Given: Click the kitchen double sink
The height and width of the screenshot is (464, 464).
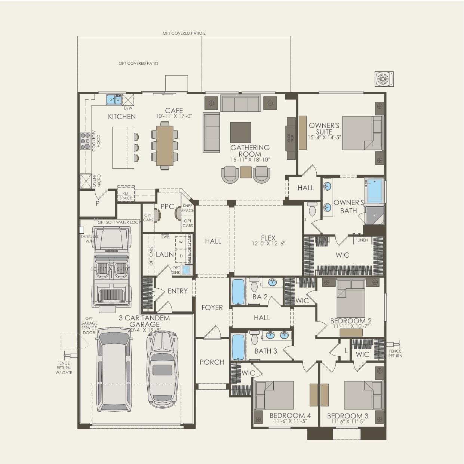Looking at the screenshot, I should tap(114, 99).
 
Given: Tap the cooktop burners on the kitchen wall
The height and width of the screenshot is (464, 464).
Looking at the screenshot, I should tap(85, 141).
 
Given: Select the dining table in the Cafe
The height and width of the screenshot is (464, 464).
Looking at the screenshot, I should tap(165, 145).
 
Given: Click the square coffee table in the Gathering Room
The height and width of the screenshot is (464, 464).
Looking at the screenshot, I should tap(240, 132).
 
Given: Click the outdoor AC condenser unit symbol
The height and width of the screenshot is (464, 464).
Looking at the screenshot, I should tap(384, 79).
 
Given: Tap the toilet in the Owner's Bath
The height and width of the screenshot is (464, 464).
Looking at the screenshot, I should tap(312, 209).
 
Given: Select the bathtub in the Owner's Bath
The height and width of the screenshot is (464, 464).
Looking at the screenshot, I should tap(375, 191).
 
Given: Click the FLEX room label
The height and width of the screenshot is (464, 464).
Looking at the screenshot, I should tap(268, 238).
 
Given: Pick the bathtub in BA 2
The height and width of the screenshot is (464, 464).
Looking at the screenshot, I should tap(238, 292).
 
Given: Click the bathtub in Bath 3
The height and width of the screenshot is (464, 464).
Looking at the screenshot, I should tap(238, 347).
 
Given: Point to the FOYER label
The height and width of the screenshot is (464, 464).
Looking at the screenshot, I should tap(212, 307).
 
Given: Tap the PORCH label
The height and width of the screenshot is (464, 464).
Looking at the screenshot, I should tap(212, 362).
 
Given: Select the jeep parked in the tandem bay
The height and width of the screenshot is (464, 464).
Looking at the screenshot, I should tap(111, 269).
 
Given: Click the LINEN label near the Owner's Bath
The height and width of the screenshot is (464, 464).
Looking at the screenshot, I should tap(363, 240).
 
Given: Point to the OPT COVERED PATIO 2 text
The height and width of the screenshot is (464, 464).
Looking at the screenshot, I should tap(184, 33).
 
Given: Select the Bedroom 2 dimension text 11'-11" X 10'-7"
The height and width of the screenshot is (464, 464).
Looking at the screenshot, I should tap(351, 326).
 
